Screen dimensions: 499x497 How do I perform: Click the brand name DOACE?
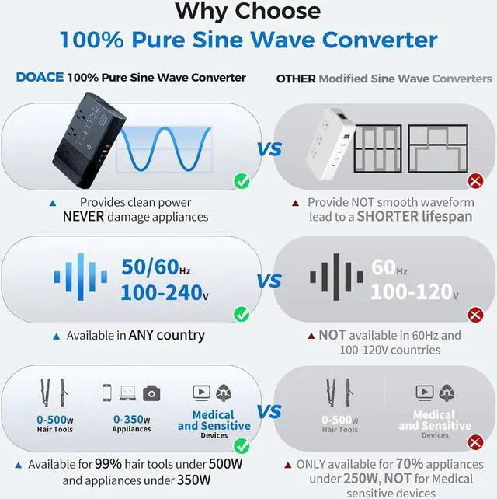coord(40,78)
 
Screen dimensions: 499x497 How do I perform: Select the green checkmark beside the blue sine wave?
coord(242,182)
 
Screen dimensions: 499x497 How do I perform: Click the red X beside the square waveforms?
coord(475,182)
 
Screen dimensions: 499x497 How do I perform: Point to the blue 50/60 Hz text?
coord(155,267)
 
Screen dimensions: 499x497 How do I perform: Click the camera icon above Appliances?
coord(151,393)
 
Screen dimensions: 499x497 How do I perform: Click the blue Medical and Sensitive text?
coord(214,420)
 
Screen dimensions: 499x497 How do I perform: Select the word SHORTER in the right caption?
coord(389,217)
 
